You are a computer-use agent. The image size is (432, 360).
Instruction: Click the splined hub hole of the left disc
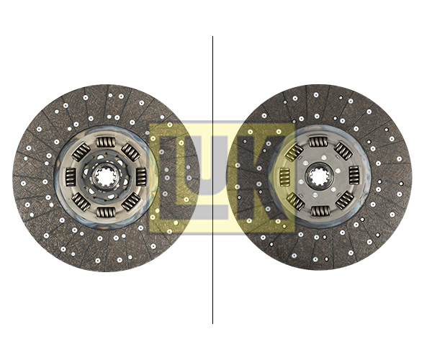pyautogui.click(x=106, y=177)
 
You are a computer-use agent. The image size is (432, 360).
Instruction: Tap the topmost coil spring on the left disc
pyautogui.click(x=106, y=142)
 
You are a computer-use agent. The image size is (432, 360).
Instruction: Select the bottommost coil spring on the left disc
pyautogui.click(x=106, y=212)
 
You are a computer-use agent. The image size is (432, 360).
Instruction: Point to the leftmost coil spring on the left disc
pyautogui.click(x=71, y=177)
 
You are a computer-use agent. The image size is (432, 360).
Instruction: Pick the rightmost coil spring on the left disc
pyautogui.click(x=141, y=177)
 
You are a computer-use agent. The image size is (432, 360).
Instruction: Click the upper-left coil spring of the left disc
pyautogui.click(x=81, y=152)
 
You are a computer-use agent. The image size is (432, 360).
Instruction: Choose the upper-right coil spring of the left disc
pyautogui.click(x=131, y=152)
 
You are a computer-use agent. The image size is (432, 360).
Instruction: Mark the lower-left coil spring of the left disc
pyautogui.click(x=81, y=202)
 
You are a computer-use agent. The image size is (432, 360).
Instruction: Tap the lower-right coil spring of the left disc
pyautogui.click(x=131, y=202)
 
